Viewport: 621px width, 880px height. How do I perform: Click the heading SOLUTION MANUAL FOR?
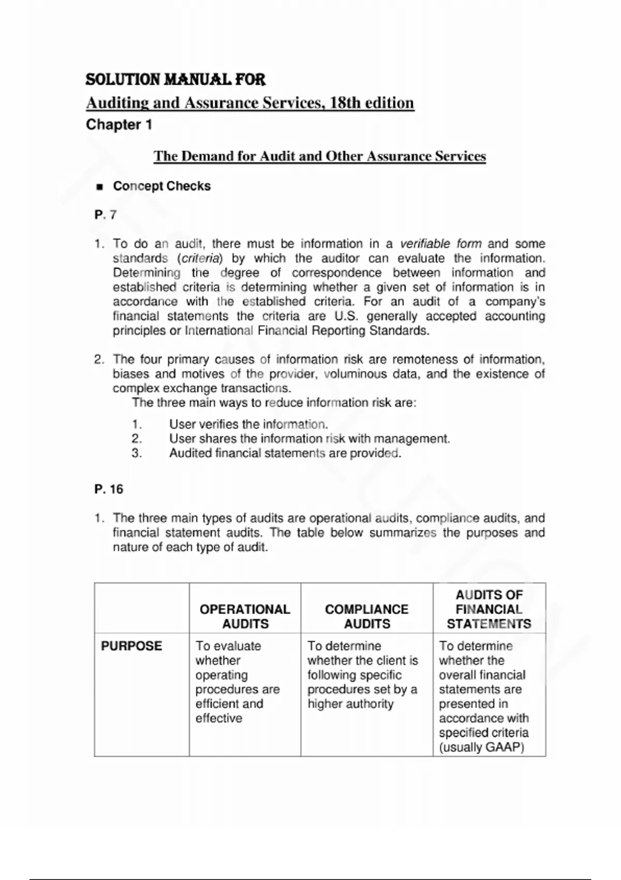[175, 80]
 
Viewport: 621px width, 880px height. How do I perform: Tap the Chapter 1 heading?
[119, 125]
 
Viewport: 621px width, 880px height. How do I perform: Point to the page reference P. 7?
[106, 215]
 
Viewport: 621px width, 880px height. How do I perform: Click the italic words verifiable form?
[441, 244]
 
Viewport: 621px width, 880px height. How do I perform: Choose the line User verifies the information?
[248, 424]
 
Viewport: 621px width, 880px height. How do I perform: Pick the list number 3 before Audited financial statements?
[137, 453]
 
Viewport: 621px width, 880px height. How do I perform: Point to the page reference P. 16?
[109, 489]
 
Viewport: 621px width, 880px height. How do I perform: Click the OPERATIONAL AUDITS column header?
[245, 617]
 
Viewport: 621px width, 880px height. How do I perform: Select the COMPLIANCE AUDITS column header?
[366, 617]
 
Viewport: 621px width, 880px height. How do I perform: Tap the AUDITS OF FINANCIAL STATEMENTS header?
[489, 609]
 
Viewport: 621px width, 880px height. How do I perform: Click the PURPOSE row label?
[131, 646]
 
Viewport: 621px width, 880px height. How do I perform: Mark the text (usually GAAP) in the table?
[481, 747]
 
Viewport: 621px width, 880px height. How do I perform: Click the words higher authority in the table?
[350, 704]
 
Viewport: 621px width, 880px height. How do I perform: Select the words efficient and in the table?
[229, 704]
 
